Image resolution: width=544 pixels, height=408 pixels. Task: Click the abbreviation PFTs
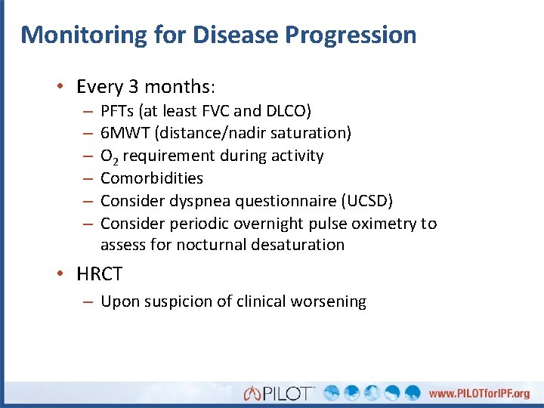click(x=116, y=111)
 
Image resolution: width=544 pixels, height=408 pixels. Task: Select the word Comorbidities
click(x=152, y=178)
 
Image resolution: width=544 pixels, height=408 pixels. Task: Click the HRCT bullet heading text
click(x=99, y=274)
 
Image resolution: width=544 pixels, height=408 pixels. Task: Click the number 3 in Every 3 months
click(x=138, y=87)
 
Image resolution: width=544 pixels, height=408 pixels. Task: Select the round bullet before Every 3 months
click(x=61, y=87)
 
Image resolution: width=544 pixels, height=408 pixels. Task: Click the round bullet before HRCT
click(x=61, y=274)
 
